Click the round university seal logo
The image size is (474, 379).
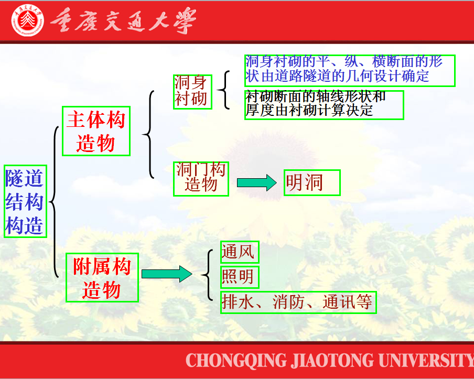pyautogui.click(x=27, y=20)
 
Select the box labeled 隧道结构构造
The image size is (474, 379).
pyautogui.click(x=25, y=201)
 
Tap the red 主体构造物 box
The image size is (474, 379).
pyautogui.click(x=96, y=131)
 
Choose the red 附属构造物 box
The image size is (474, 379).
pyautogui.click(x=102, y=277)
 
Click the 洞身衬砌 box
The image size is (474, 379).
pyautogui.click(x=192, y=92)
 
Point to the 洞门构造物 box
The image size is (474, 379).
pyautogui.click(x=201, y=179)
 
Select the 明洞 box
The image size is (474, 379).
pyautogui.click(x=313, y=182)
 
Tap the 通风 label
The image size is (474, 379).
pyautogui.click(x=240, y=252)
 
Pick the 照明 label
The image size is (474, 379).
pyautogui.click(x=240, y=277)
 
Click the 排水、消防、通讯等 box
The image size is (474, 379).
pyautogui.click(x=298, y=302)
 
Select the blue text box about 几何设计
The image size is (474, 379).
pyautogui.click(x=350, y=71)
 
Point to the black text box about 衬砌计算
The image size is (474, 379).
pyautogui.click(x=324, y=105)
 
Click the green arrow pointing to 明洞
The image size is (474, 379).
pyautogui.click(x=256, y=182)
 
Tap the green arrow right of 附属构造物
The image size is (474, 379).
pyautogui.click(x=167, y=274)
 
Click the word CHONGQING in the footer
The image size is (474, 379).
pyautogui.click(x=236, y=360)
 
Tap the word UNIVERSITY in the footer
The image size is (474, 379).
pyautogui.click(x=426, y=360)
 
